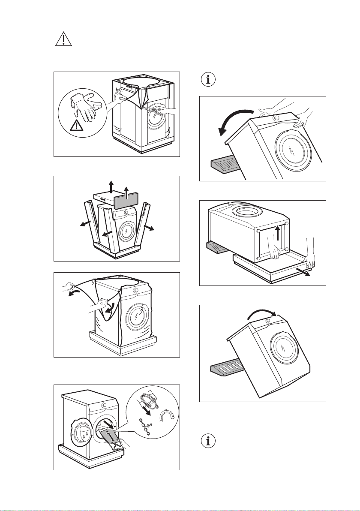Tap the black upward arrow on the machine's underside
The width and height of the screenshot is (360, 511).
[x=278, y=234]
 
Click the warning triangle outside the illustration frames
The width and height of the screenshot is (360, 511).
[x=63, y=40]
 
